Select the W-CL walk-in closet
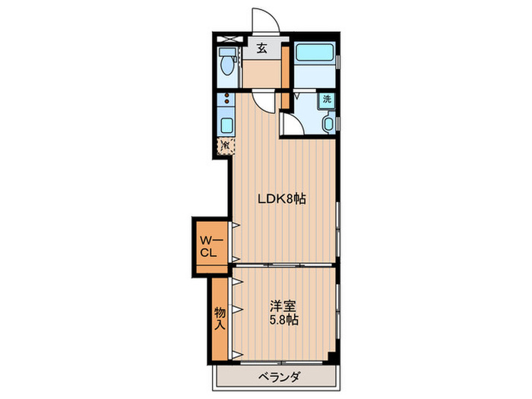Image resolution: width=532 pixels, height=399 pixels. pyautogui.click(x=211, y=246)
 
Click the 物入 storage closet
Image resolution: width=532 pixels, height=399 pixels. pyautogui.click(x=220, y=318)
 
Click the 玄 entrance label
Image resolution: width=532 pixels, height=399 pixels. pyautogui.click(x=261, y=49)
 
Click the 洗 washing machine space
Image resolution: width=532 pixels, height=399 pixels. pyautogui.click(x=325, y=99)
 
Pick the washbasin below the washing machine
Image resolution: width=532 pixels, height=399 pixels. pyautogui.click(x=328, y=123)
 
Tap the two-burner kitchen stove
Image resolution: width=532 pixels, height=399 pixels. pyautogui.click(x=225, y=100)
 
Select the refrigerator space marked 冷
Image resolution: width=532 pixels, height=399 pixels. pyautogui.click(x=226, y=144)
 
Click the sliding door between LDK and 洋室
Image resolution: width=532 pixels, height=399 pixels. pyautogui.click(x=283, y=265)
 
